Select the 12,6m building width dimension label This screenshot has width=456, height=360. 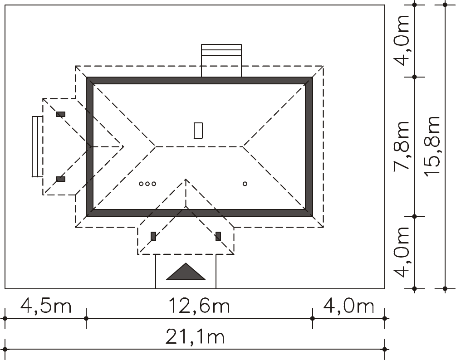coord(199,306)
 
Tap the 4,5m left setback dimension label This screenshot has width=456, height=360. coord(46,306)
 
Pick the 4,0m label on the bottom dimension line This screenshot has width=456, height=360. coord(348,306)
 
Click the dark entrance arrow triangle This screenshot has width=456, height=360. coord(186,272)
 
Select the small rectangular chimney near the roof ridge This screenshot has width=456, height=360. coord(198,131)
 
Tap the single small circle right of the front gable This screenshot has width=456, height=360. coord(245,184)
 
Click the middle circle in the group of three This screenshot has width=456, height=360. coord(147,184)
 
